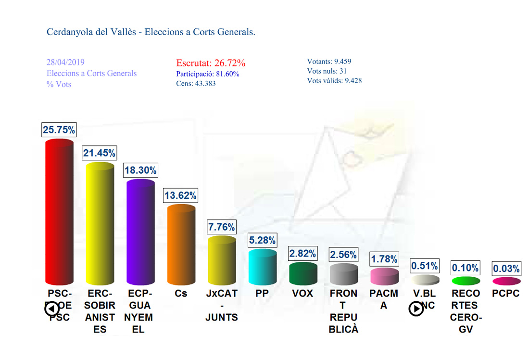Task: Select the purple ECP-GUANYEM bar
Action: (x=140, y=232)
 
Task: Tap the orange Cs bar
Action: (x=181, y=244)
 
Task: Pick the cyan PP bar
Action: (x=263, y=267)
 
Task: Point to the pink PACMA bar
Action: (x=384, y=276)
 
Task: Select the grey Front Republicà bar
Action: (x=344, y=274)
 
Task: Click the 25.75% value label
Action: (x=59, y=130)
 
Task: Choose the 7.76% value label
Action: (x=222, y=227)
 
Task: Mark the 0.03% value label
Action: (x=506, y=268)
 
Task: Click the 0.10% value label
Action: (x=466, y=268)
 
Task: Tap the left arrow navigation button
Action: (x=52, y=309)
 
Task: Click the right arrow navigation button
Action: (x=416, y=309)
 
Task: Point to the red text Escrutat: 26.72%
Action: (x=211, y=63)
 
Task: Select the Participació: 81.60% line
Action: (x=208, y=74)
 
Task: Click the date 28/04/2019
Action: (x=65, y=63)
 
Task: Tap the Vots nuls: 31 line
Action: (x=326, y=71)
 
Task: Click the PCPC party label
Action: (x=506, y=293)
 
